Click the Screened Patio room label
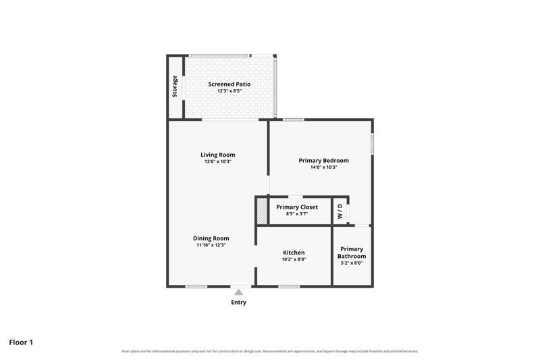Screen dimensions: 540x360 (x=230, y=84)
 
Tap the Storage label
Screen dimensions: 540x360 (x=175, y=86)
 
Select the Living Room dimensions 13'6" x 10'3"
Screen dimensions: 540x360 (x=217, y=161)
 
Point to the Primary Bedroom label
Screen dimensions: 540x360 (x=324, y=161)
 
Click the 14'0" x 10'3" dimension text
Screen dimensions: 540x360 (x=324, y=167)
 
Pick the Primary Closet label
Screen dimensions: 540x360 (x=297, y=207)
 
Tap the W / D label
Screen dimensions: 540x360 (x=340, y=211)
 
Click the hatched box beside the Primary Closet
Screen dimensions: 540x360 (x=262, y=211)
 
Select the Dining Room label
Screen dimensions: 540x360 (x=211, y=238)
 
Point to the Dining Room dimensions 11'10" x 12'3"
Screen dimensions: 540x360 (x=211, y=245)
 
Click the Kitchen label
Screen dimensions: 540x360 (x=294, y=253)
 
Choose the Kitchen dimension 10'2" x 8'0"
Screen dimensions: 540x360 (x=294, y=259)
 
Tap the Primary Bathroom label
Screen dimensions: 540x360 (x=352, y=253)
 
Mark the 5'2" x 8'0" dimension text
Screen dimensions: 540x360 (x=352, y=263)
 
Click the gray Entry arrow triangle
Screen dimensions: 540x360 (x=239, y=292)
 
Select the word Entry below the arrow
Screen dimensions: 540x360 (x=239, y=302)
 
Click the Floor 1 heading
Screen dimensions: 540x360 (x=21, y=342)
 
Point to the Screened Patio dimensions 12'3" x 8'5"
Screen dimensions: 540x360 (x=230, y=91)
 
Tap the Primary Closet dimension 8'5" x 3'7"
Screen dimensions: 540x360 (x=297, y=213)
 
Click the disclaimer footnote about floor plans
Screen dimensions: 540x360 (x=269, y=351)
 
